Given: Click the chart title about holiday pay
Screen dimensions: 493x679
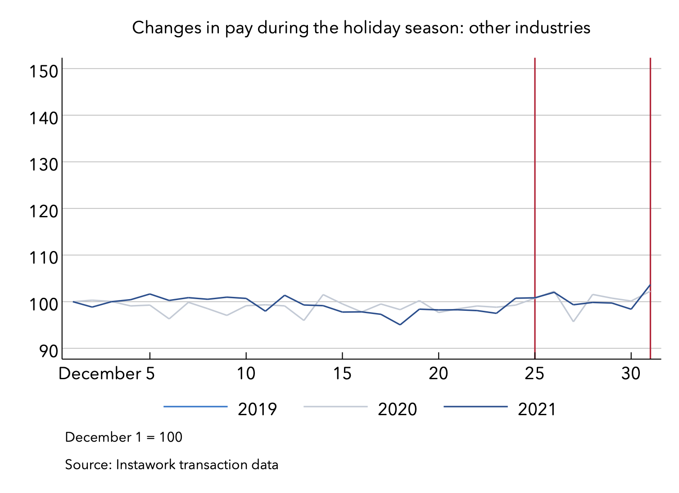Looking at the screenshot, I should (361, 28).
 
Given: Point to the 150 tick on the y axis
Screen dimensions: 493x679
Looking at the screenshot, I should (44, 71).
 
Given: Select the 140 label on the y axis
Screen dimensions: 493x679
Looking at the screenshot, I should (44, 117).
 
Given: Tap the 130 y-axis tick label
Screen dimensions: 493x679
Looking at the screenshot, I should (44, 164).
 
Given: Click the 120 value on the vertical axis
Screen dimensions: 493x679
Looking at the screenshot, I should (44, 211).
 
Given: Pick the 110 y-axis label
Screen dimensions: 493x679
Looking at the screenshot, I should (44, 257).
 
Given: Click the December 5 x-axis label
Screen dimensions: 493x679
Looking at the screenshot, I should (107, 373).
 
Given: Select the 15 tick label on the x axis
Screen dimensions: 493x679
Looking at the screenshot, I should (342, 373).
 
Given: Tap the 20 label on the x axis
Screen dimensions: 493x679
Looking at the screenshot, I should (439, 373).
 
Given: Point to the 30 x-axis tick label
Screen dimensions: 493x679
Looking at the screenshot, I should (631, 373).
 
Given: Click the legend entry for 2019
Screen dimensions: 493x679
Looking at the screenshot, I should (257, 409).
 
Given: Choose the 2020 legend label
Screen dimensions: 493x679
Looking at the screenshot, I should (397, 409).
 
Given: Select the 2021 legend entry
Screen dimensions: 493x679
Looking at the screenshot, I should (537, 409).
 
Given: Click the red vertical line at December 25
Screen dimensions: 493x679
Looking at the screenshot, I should (535, 180).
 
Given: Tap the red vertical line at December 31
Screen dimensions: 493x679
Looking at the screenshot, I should (651, 180).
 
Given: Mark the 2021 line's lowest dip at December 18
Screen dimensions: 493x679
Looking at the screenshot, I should (400, 324).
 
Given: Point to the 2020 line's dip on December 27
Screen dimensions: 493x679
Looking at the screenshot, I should (573, 321).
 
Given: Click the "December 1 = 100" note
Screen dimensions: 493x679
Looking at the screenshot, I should (124, 437).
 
